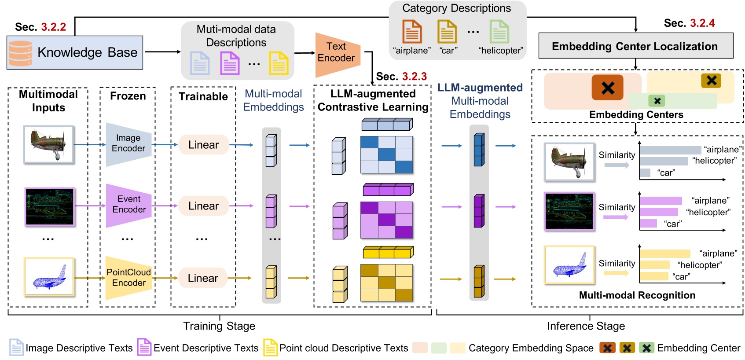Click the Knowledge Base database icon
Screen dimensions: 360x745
point(20,53)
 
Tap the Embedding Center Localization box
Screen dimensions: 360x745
point(635,46)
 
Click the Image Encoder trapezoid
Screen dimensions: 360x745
point(128,144)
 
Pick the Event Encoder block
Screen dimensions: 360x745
point(128,205)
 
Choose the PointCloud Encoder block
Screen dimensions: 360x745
point(128,278)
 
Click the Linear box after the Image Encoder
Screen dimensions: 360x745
point(203,145)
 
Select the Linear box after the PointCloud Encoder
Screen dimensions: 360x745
point(203,278)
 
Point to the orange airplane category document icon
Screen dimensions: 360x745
point(412,31)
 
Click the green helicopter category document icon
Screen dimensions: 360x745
point(499,31)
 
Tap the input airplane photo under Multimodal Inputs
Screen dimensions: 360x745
point(48,144)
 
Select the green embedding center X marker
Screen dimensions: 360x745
point(657,101)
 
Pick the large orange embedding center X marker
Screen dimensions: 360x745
point(607,88)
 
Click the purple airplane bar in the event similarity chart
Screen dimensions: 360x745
point(661,201)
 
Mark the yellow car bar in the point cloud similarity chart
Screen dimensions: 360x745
point(654,276)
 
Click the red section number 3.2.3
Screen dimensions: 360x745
point(414,77)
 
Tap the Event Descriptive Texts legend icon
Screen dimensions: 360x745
point(144,347)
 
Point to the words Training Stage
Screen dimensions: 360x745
point(219,326)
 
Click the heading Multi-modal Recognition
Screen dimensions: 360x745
point(637,295)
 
